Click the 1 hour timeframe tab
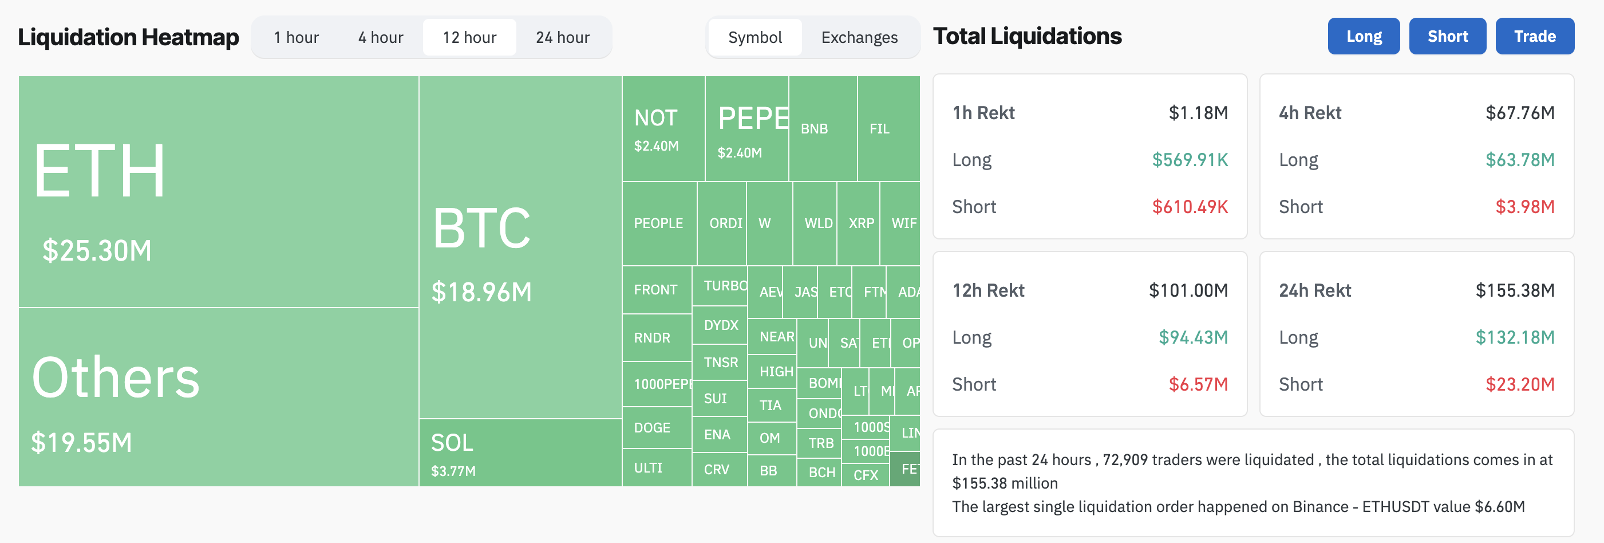[296, 37]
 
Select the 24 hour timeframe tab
[562, 37]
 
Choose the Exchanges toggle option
[859, 37]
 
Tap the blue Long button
[1363, 36]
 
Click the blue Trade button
[1534, 36]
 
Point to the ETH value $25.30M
[97, 250]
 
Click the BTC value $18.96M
[481, 292]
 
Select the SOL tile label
[452, 443]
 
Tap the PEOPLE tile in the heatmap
[658, 223]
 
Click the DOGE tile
[652, 428]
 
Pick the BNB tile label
[814, 129]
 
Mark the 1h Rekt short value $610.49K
[1190, 207]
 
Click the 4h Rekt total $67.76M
[1519, 113]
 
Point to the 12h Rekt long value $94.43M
[1192, 337]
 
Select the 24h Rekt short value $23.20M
[1519, 384]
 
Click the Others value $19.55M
[81, 443]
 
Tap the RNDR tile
[652, 337]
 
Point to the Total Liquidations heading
[1027, 36]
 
